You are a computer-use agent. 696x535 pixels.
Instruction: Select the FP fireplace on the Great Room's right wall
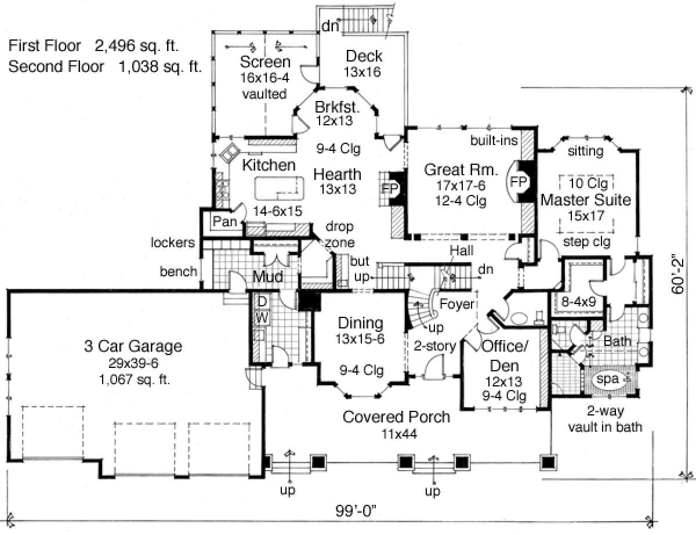[518, 182]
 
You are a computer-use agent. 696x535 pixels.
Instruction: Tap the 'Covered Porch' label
[396, 417]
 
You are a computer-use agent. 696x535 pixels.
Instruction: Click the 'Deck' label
[364, 56]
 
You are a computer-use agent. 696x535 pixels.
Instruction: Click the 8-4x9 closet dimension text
[582, 301]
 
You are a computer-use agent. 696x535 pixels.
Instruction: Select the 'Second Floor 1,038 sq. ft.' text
[105, 67]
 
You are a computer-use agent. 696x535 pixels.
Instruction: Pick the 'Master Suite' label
[585, 200]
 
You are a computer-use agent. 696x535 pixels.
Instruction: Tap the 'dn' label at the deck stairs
[329, 26]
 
